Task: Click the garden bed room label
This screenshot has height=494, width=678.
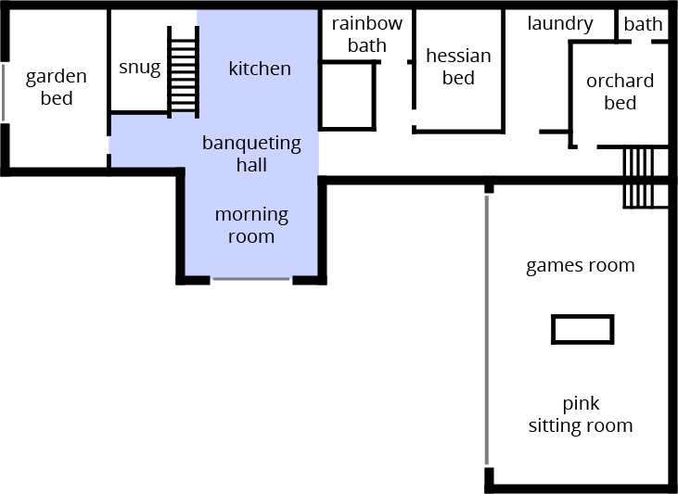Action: [57, 87]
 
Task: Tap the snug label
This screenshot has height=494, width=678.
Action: [139, 68]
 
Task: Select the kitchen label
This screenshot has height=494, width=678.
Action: [260, 69]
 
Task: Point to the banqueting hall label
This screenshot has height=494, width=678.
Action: [251, 154]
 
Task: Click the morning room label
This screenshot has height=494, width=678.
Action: [251, 225]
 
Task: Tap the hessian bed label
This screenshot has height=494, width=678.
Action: [458, 67]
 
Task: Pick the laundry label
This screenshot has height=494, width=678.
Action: [560, 24]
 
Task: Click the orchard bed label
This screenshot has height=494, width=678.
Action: [620, 92]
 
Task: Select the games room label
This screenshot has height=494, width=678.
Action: [581, 266]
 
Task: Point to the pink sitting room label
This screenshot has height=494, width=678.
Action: [581, 415]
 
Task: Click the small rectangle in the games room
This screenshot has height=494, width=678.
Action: [582, 329]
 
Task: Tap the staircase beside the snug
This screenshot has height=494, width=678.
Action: [183, 70]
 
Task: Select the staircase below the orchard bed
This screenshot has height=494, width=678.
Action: [639, 177]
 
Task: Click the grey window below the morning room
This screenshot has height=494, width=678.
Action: [251, 279]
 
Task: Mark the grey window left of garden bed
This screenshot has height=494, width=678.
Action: [3, 91]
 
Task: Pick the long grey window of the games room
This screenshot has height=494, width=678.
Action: [486, 329]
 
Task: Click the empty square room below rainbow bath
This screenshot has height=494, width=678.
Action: [347, 95]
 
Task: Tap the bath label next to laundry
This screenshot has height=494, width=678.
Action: [644, 24]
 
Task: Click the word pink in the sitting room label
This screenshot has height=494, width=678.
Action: [581, 404]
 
